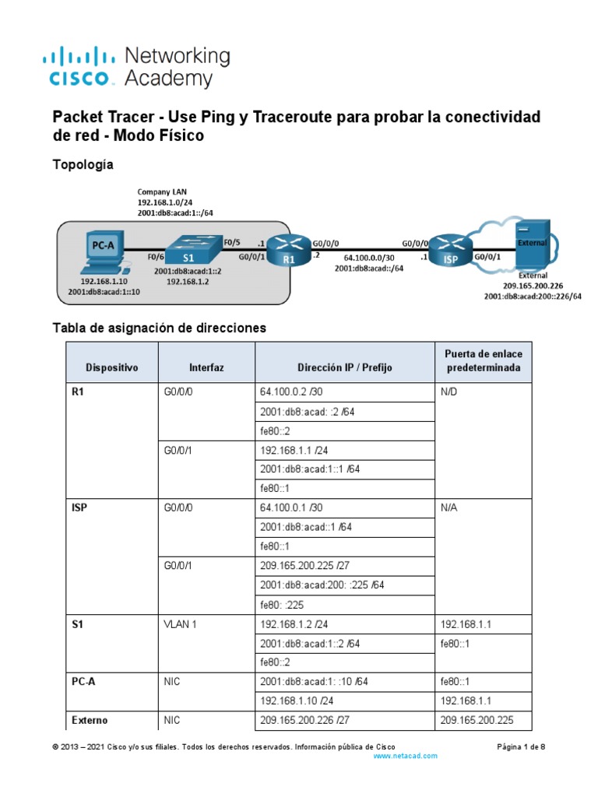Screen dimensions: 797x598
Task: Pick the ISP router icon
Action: point(448,250)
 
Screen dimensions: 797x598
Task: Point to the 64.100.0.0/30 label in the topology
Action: point(369,258)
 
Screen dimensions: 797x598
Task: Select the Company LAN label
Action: point(162,191)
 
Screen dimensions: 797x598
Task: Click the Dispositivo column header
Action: point(112,367)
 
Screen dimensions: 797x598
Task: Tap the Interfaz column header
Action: point(206,367)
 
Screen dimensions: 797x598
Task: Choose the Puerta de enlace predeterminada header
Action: point(484,360)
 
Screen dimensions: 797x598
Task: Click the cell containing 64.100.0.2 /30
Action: point(291,393)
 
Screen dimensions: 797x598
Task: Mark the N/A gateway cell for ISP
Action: point(449,508)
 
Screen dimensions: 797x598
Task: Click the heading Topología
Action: point(83,165)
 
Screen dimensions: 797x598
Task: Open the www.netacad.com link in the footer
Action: point(406,756)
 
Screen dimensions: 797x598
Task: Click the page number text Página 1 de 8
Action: point(521,746)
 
